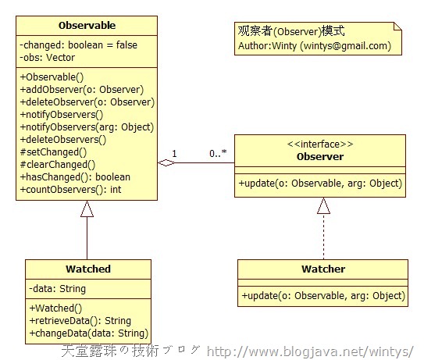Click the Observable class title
pyautogui.click(x=87, y=26)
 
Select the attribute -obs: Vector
pyautogui.click(x=48, y=58)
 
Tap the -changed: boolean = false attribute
pyautogui.click(x=78, y=45)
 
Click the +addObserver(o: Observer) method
pyautogui.click(x=82, y=90)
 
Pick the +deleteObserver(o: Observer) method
pyautogui.click(x=87, y=102)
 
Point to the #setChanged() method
pyautogui.click(x=53, y=152)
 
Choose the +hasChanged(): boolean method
pyautogui.click(x=75, y=177)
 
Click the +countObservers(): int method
pyautogui.click(x=70, y=189)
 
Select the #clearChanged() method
pyautogui.click(x=58, y=165)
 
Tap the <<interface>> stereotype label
pyautogui.click(x=320, y=144)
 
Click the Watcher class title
pyautogui.click(x=323, y=269)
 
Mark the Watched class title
pyautogui.click(x=88, y=269)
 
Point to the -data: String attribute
pyautogui.click(x=57, y=289)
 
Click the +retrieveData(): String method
pyautogui.click(x=80, y=320)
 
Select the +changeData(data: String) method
pyautogui.click(x=89, y=333)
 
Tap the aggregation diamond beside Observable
pyautogui.click(x=166, y=163)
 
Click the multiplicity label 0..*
pyautogui.click(x=218, y=153)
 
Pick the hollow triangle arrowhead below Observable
pyautogui.click(x=87, y=209)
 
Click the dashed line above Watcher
pyautogui.click(x=323, y=237)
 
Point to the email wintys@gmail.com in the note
pyautogui.click(x=346, y=46)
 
